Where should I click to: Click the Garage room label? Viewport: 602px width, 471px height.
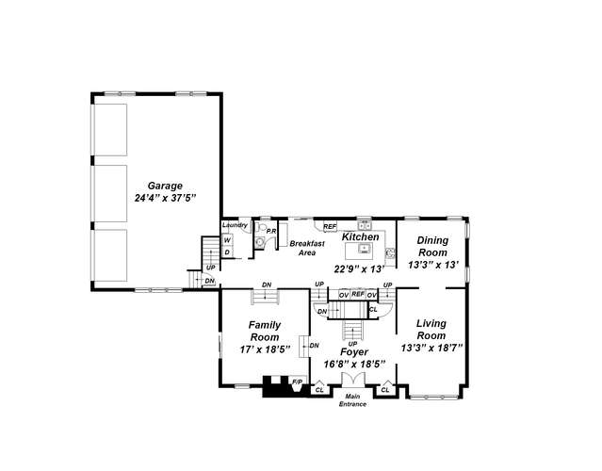click(x=165, y=186)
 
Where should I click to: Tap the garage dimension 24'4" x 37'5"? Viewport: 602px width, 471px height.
click(x=166, y=198)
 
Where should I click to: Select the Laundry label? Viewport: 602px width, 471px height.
click(x=235, y=225)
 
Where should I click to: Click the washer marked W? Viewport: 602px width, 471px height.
click(x=228, y=240)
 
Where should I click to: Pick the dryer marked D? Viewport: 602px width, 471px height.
click(x=228, y=252)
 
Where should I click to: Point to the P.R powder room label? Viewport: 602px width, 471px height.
click(x=271, y=231)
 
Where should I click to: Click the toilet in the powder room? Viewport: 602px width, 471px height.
click(x=262, y=227)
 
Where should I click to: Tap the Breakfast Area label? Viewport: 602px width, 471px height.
click(x=307, y=248)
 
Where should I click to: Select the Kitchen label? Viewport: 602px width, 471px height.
click(x=361, y=236)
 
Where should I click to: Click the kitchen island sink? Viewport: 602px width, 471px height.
click(x=364, y=249)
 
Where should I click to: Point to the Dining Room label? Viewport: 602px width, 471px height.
click(x=432, y=247)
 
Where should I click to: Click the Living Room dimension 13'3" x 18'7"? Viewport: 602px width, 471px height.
click(x=431, y=349)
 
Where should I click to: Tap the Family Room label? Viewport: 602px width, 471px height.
click(x=265, y=331)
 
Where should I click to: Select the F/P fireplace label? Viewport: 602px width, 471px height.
click(x=298, y=382)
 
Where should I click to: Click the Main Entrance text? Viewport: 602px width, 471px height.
click(x=352, y=400)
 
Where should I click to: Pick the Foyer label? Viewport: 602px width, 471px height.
click(x=354, y=352)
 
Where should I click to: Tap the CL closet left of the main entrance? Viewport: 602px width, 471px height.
click(x=319, y=390)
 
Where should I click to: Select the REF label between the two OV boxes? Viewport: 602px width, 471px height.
click(x=358, y=294)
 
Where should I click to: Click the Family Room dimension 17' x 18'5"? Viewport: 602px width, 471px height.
click(x=265, y=349)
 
